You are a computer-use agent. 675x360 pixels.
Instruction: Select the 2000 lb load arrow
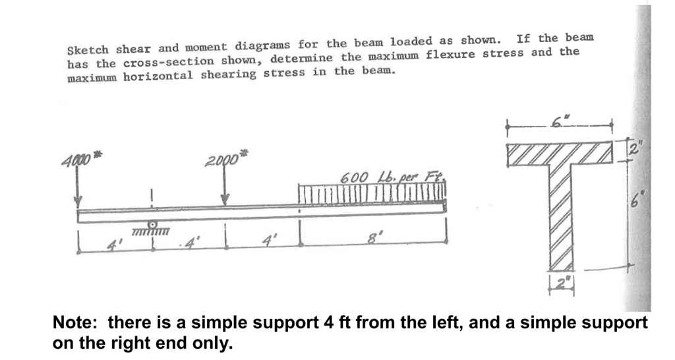(x=225, y=188)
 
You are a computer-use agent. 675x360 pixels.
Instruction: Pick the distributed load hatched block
(x=372, y=194)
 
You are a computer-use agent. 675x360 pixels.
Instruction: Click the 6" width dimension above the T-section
(x=560, y=120)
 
